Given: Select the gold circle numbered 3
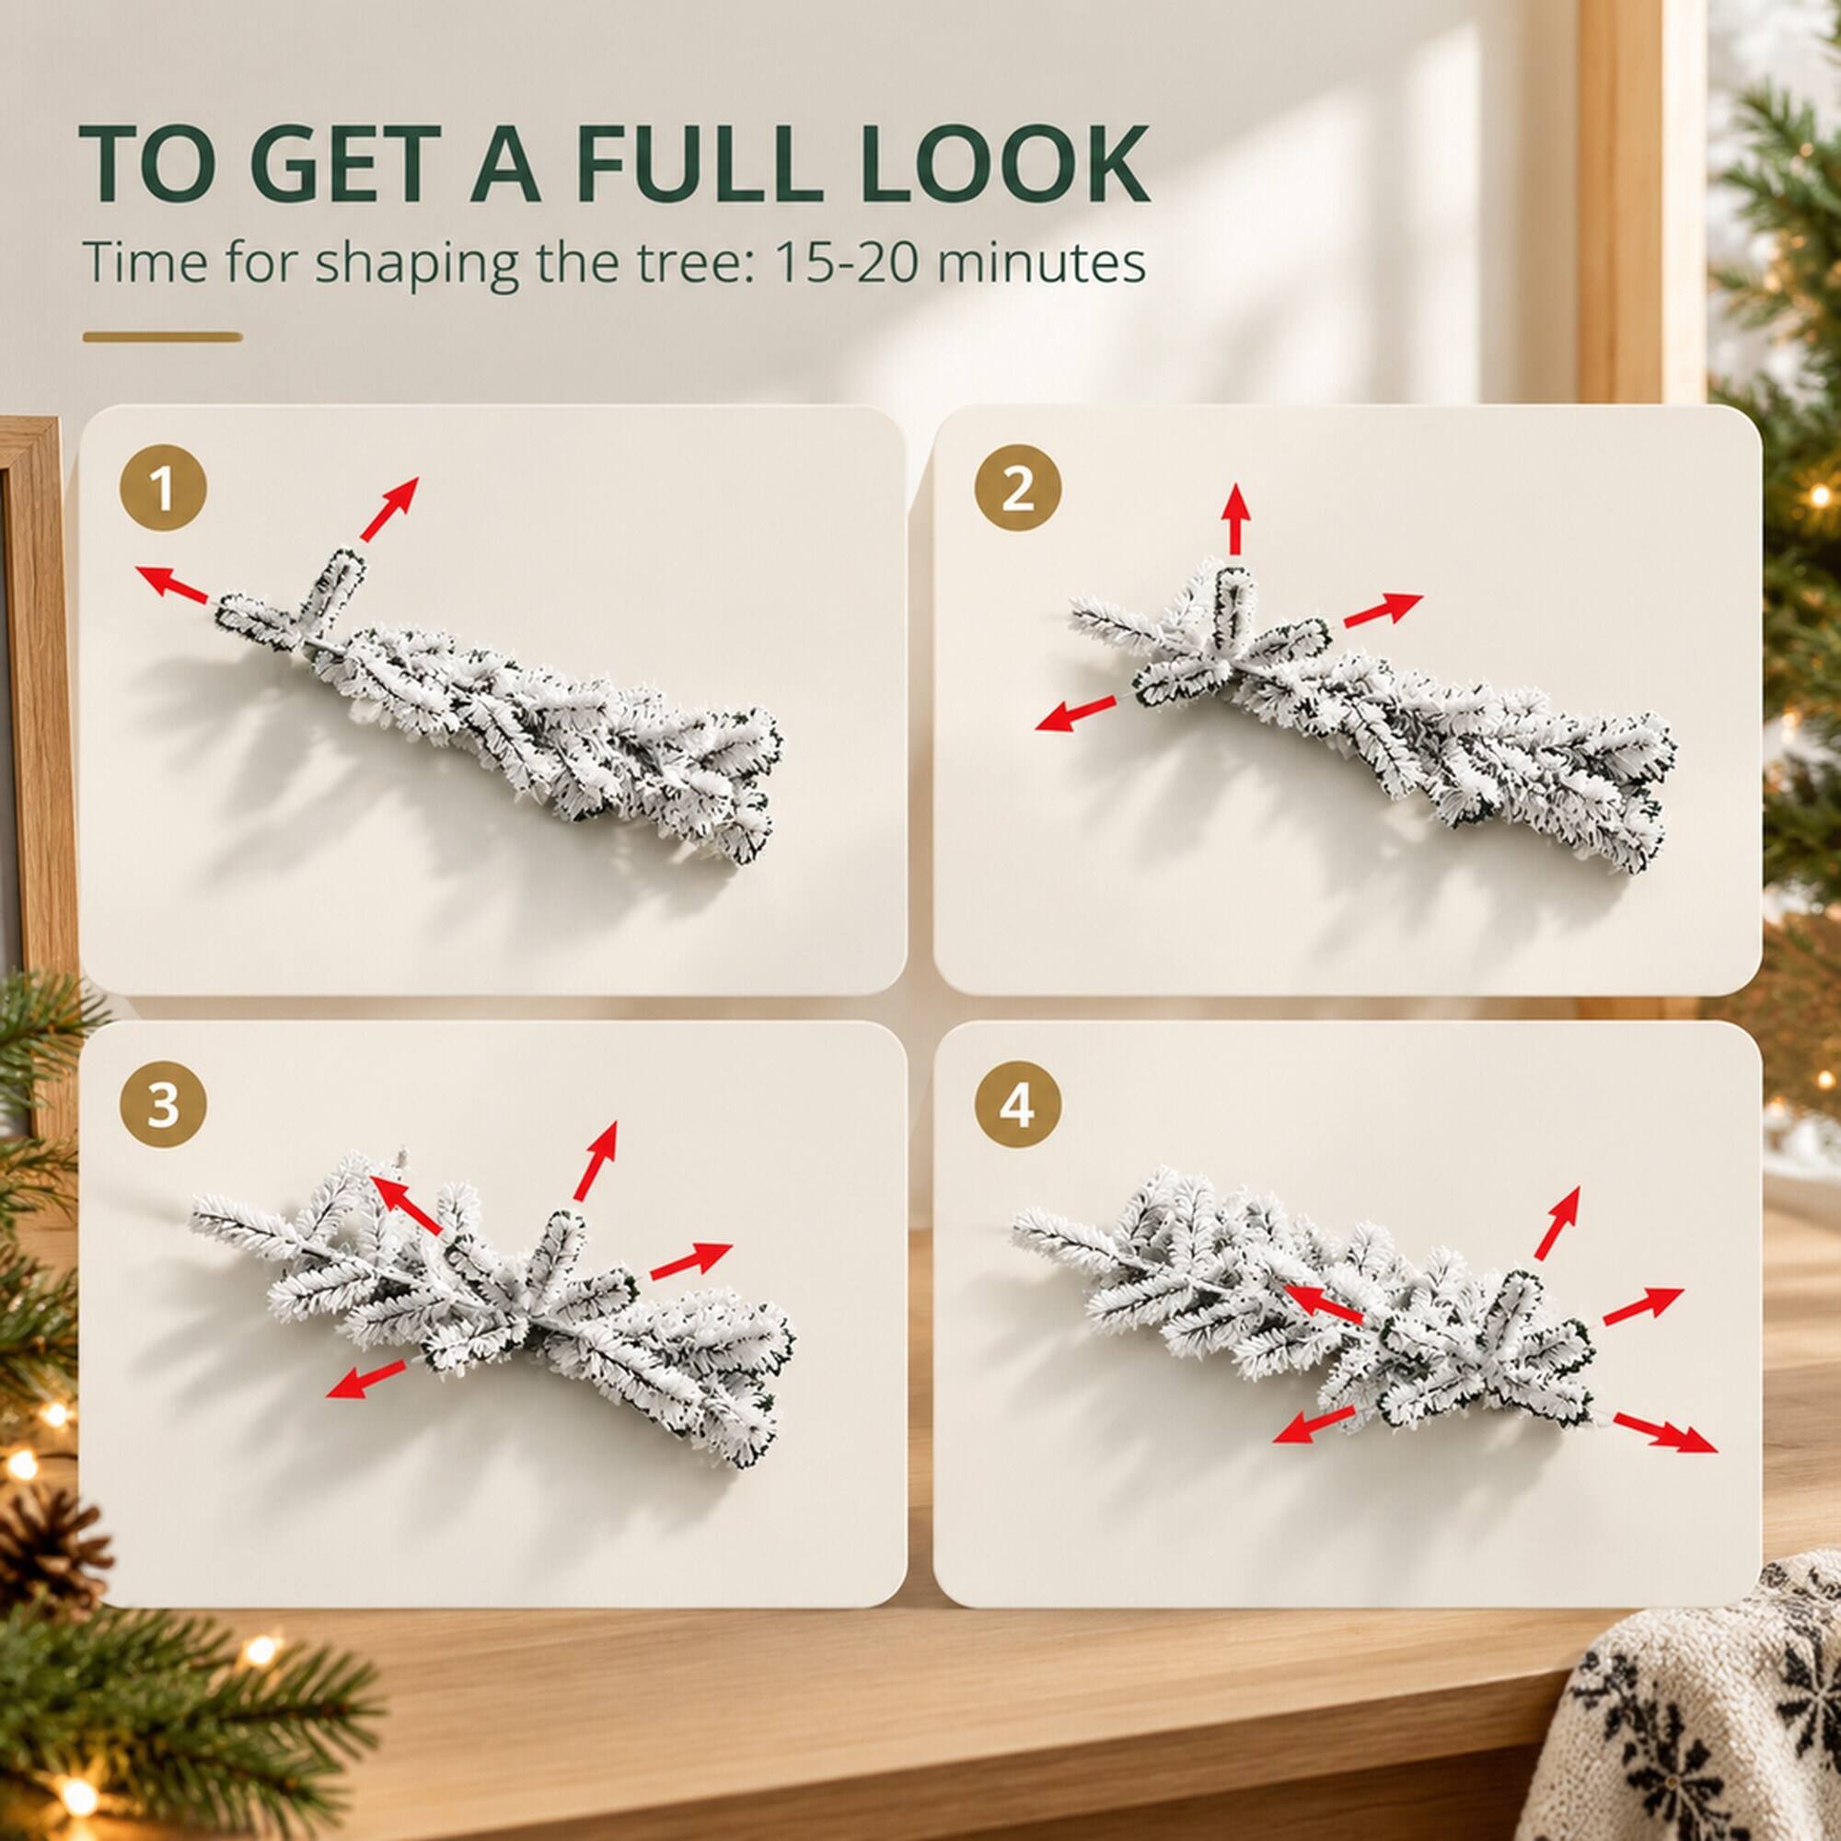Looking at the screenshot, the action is click(x=162, y=1106).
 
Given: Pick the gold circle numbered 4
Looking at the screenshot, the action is click(x=1017, y=1106).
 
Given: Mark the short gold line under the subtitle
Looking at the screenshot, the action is click(x=162, y=336).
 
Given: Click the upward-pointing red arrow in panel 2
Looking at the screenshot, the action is click(x=1236, y=518).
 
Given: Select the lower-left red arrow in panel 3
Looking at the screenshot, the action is click(x=367, y=1379).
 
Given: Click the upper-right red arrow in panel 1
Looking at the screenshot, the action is click(x=388, y=509).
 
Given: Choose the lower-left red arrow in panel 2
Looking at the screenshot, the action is click(x=1076, y=713).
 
